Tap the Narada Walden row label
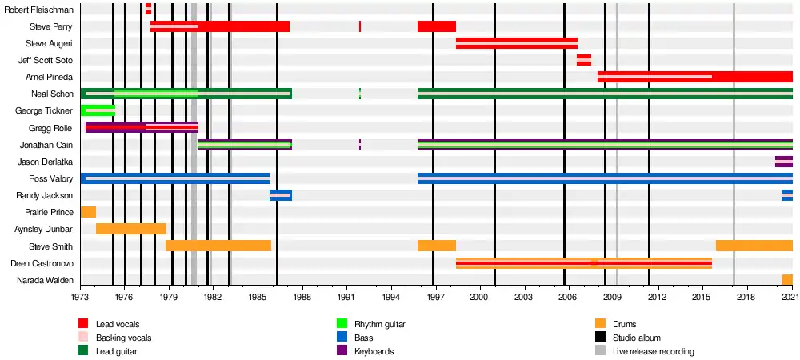tap(49, 280)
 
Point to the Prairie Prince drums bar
tap(88, 212)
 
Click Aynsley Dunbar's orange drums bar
tap(131, 229)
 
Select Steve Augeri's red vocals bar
tap(516, 43)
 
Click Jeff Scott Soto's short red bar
tap(584, 60)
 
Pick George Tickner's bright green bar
tap(98, 110)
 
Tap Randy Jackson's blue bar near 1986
tap(281, 195)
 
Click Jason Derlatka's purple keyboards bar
tap(783, 162)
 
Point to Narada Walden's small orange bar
tap(787, 279)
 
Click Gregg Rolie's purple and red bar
tap(142, 127)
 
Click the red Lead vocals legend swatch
tap(83, 324)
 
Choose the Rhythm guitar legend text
tap(379, 324)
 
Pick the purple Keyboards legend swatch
tap(342, 351)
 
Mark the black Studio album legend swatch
tap(601, 338)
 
